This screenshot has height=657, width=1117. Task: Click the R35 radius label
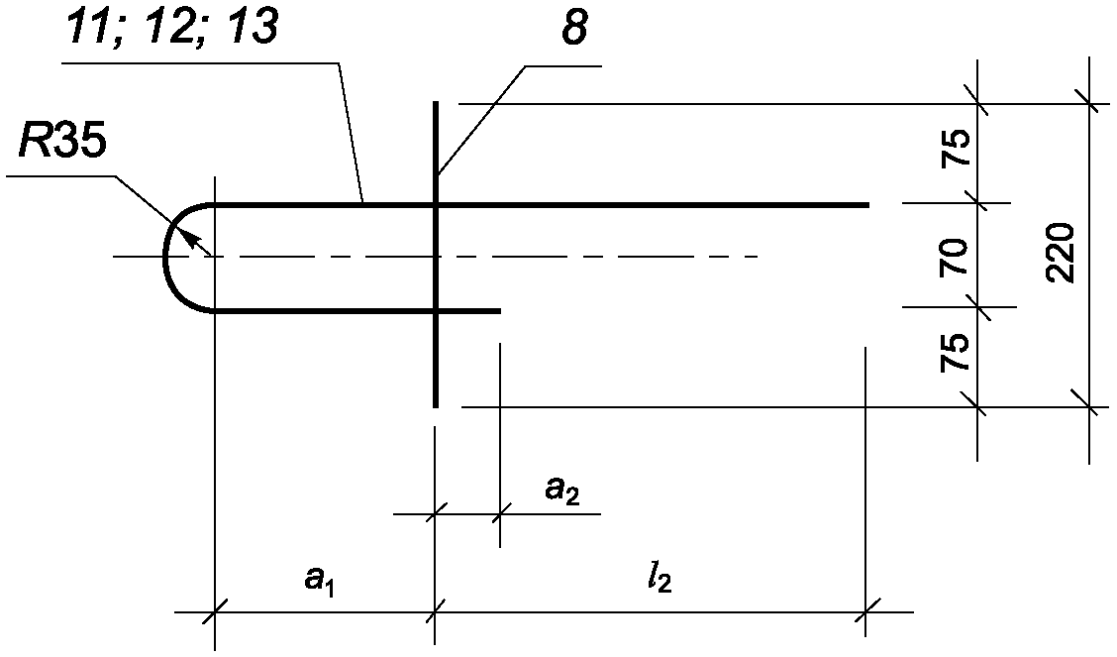click(62, 143)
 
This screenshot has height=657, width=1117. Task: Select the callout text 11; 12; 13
click(170, 29)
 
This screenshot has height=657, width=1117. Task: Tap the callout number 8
click(574, 29)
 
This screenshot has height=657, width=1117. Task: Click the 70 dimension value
click(955, 257)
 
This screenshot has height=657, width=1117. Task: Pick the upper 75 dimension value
click(955, 148)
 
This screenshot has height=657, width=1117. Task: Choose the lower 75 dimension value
click(955, 352)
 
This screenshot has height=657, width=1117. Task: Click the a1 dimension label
click(319, 580)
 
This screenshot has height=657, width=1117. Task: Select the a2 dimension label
click(562, 491)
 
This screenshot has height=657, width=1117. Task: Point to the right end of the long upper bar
click(868, 204)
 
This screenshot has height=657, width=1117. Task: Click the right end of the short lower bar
click(500, 311)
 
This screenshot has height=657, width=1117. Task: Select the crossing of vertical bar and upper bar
click(435, 204)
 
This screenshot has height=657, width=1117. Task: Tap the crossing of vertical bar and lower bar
click(435, 311)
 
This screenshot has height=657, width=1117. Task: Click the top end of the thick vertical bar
click(435, 102)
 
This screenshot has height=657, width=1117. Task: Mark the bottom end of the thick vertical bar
click(435, 406)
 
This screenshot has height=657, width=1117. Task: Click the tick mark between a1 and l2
click(435, 611)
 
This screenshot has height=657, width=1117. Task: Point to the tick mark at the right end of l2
click(865, 611)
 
